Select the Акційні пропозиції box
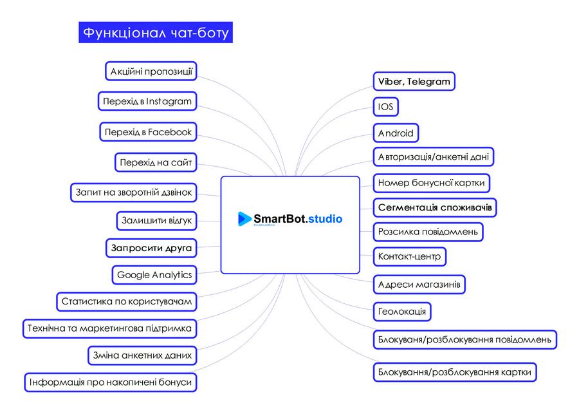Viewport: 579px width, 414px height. pyautogui.click(x=151, y=71)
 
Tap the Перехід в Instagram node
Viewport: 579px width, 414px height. pyautogui.click(x=147, y=101)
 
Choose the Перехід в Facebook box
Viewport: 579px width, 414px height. pyautogui.click(x=148, y=132)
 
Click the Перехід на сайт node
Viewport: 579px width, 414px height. pyautogui.click(x=156, y=162)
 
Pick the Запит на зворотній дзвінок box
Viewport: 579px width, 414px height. pyautogui.click(x=133, y=192)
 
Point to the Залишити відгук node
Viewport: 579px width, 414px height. pyautogui.click(x=156, y=220)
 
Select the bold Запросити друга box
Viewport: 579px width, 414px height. pyautogui.click(x=151, y=247)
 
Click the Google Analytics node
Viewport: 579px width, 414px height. pyautogui.click(x=154, y=275)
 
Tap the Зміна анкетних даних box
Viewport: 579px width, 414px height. pyautogui.click(x=141, y=355)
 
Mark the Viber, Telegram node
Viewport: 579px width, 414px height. pyautogui.click(x=414, y=82)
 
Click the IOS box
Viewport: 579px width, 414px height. pyautogui.click(x=385, y=106)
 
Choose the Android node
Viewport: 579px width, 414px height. pyautogui.click(x=396, y=133)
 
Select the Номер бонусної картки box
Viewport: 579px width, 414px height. pyautogui.click(x=431, y=182)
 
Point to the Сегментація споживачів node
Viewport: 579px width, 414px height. pyautogui.click(x=435, y=207)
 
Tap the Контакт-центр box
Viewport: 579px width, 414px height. pyautogui.click(x=409, y=256)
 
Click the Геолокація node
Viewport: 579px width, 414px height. pyautogui.click(x=401, y=312)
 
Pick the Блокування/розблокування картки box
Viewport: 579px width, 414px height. pyautogui.click(x=454, y=372)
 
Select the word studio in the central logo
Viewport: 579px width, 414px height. pyautogui.click(x=325, y=219)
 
